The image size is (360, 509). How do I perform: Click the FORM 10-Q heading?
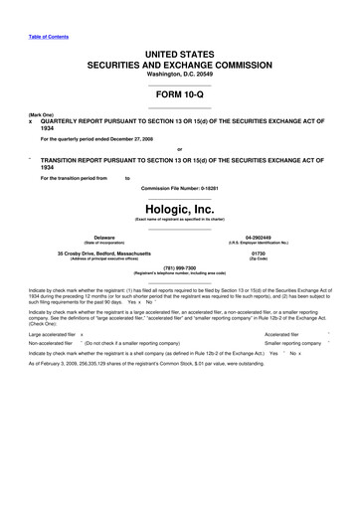tap(180, 89)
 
